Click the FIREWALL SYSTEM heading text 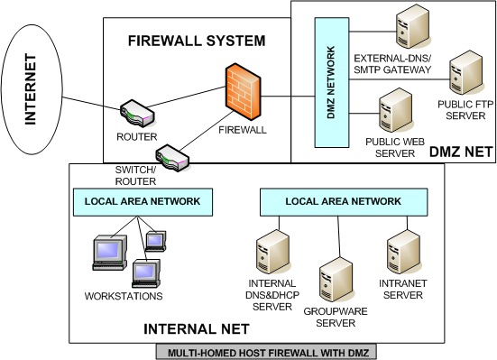(197, 41)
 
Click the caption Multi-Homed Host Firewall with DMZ (257, 351)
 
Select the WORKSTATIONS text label (124, 296)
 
